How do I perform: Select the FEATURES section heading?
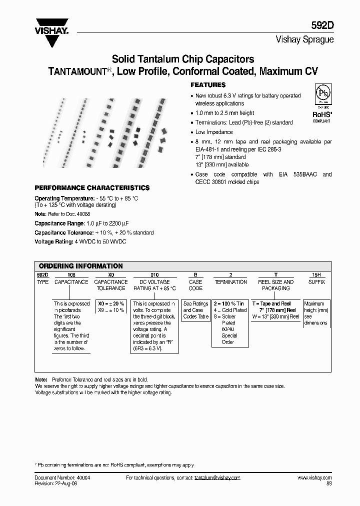(x=208, y=85)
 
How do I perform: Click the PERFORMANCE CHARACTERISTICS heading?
(x=91, y=188)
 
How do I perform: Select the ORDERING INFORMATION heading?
(x=80, y=266)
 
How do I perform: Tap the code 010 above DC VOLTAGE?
(x=154, y=275)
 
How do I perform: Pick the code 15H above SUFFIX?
(x=314, y=275)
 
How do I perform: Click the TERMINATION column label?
(x=230, y=282)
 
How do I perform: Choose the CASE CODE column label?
(x=195, y=285)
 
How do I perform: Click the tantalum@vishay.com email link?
(x=217, y=478)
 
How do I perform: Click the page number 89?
(x=328, y=483)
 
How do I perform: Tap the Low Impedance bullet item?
(x=214, y=132)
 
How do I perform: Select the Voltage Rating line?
(x=80, y=242)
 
